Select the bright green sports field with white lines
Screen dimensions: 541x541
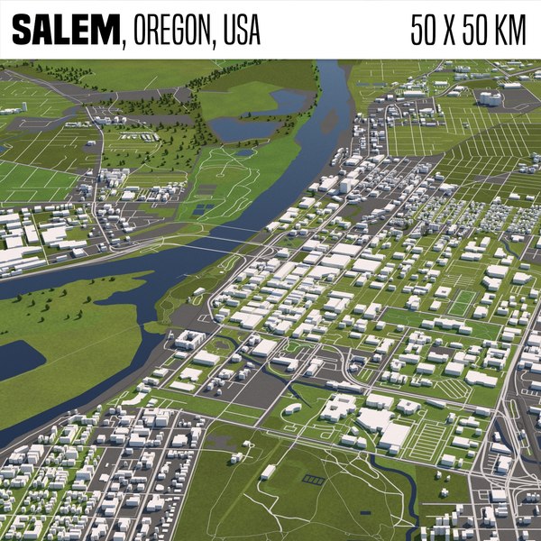pyautogui.click(x=463, y=303)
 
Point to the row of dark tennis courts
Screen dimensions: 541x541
pyautogui.click(x=313, y=480)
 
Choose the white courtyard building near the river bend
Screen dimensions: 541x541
pyautogui.click(x=189, y=340)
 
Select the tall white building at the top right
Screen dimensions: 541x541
pyautogui.click(x=490, y=97)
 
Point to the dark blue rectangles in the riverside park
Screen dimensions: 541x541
pyautogui.click(x=204, y=209)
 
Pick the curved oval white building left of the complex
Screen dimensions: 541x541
pyautogui.click(x=292, y=408)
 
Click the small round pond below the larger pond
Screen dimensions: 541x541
pyautogui.click(x=245, y=153)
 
